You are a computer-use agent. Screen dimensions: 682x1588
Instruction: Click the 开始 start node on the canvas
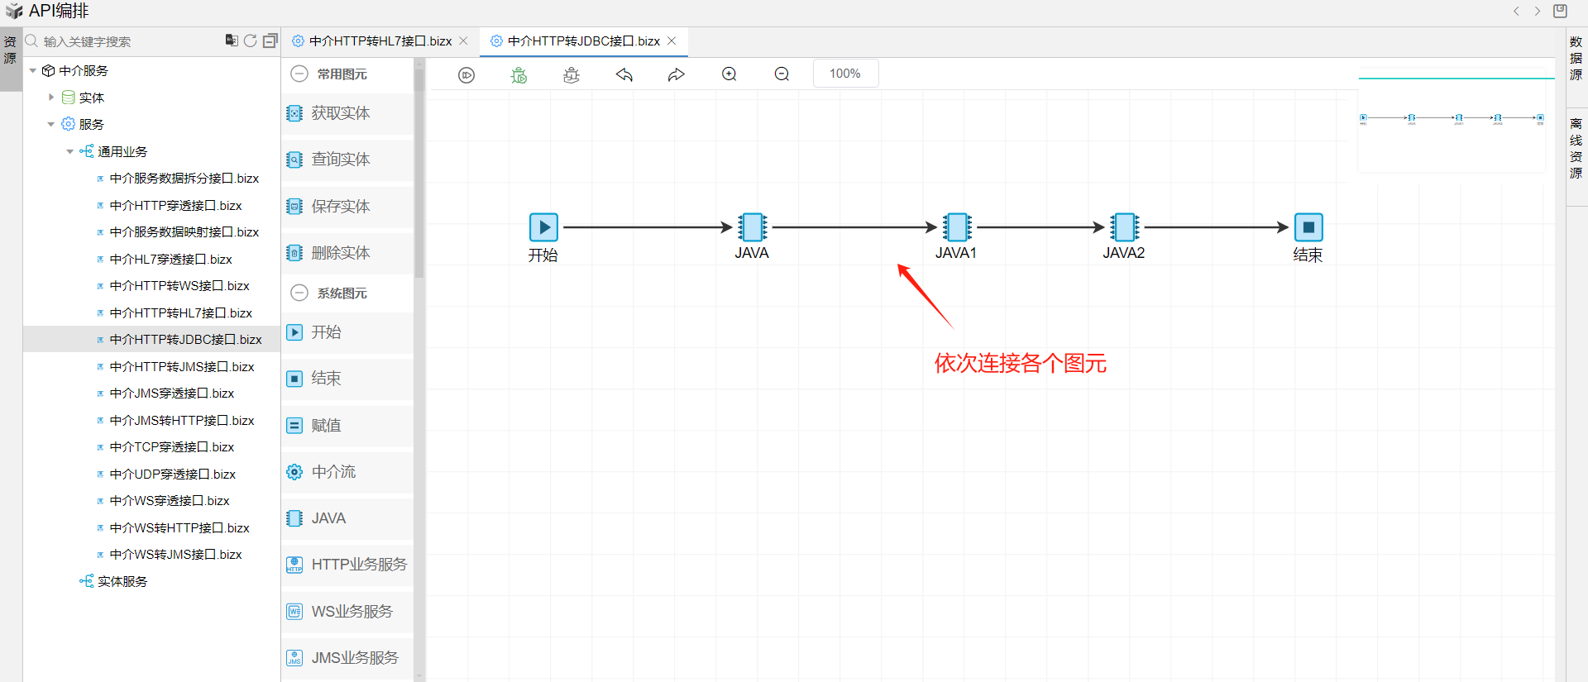[x=543, y=227]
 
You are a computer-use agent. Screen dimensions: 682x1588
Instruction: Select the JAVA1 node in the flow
[x=957, y=227]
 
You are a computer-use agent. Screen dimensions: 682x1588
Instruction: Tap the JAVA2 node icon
[x=1124, y=227]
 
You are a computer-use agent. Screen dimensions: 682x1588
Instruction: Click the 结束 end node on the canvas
[x=1308, y=227]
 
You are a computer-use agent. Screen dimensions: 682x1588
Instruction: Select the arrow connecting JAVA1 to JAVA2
[x=1040, y=227]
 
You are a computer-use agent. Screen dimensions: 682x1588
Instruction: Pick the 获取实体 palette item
[x=340, y=113]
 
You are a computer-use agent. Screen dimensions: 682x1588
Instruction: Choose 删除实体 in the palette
[x=340, y=253]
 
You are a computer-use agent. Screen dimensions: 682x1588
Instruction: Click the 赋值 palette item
[x=326, y=426]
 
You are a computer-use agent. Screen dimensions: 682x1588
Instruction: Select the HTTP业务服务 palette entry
[x=358, y=565]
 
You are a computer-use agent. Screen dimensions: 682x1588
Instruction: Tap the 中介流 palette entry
[x=333, y=472]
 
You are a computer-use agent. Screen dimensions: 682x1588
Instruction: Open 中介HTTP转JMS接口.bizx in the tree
[x=182, y=367]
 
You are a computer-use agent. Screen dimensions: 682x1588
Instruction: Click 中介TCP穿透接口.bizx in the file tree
[x=172, y=447]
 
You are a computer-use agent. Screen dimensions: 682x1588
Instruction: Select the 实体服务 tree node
[x=122, y=582]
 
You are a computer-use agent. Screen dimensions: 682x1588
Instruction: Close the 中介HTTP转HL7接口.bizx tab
[x=463, y=41]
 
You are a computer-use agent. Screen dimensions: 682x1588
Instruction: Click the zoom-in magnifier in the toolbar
[x=729, y=74]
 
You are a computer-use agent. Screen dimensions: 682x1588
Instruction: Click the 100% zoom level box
[x=844, y=74]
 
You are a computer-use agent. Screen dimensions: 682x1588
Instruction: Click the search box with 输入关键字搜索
[x=124, y=41]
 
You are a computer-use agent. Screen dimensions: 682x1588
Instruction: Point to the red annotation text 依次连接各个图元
[x=1020, y=364]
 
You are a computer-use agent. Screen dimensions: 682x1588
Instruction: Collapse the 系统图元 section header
[x=299, y=293]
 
